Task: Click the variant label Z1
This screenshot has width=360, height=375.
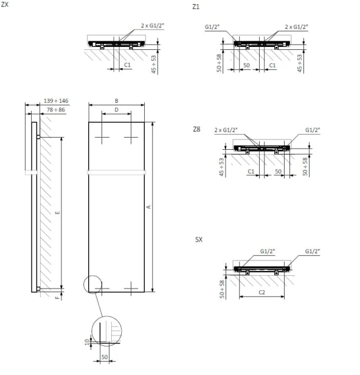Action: click(195, 7)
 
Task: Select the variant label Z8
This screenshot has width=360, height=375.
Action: click(196, 129)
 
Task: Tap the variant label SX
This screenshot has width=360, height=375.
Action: click(198, 240)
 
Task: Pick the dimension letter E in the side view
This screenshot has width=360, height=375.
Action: click(57, 212)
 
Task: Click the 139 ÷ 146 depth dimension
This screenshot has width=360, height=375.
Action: click(56, 101)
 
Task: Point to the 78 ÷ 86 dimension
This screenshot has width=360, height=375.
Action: click(57, 110)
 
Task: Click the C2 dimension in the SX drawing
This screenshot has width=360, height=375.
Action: click(262, 293)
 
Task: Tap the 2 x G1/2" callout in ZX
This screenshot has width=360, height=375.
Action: click(152, 26)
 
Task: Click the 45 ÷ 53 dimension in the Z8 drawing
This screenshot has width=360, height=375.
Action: click(222, 167)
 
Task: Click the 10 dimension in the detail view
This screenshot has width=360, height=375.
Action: click(86, 342)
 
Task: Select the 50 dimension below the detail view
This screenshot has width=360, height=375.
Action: click(104, 357)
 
